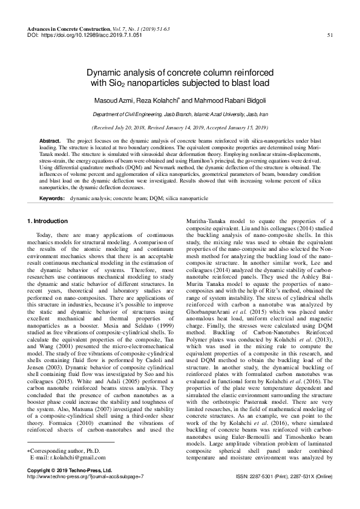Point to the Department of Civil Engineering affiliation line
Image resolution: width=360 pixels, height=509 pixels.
coord(179,114)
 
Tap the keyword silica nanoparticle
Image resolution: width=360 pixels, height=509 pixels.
coord(186,198)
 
